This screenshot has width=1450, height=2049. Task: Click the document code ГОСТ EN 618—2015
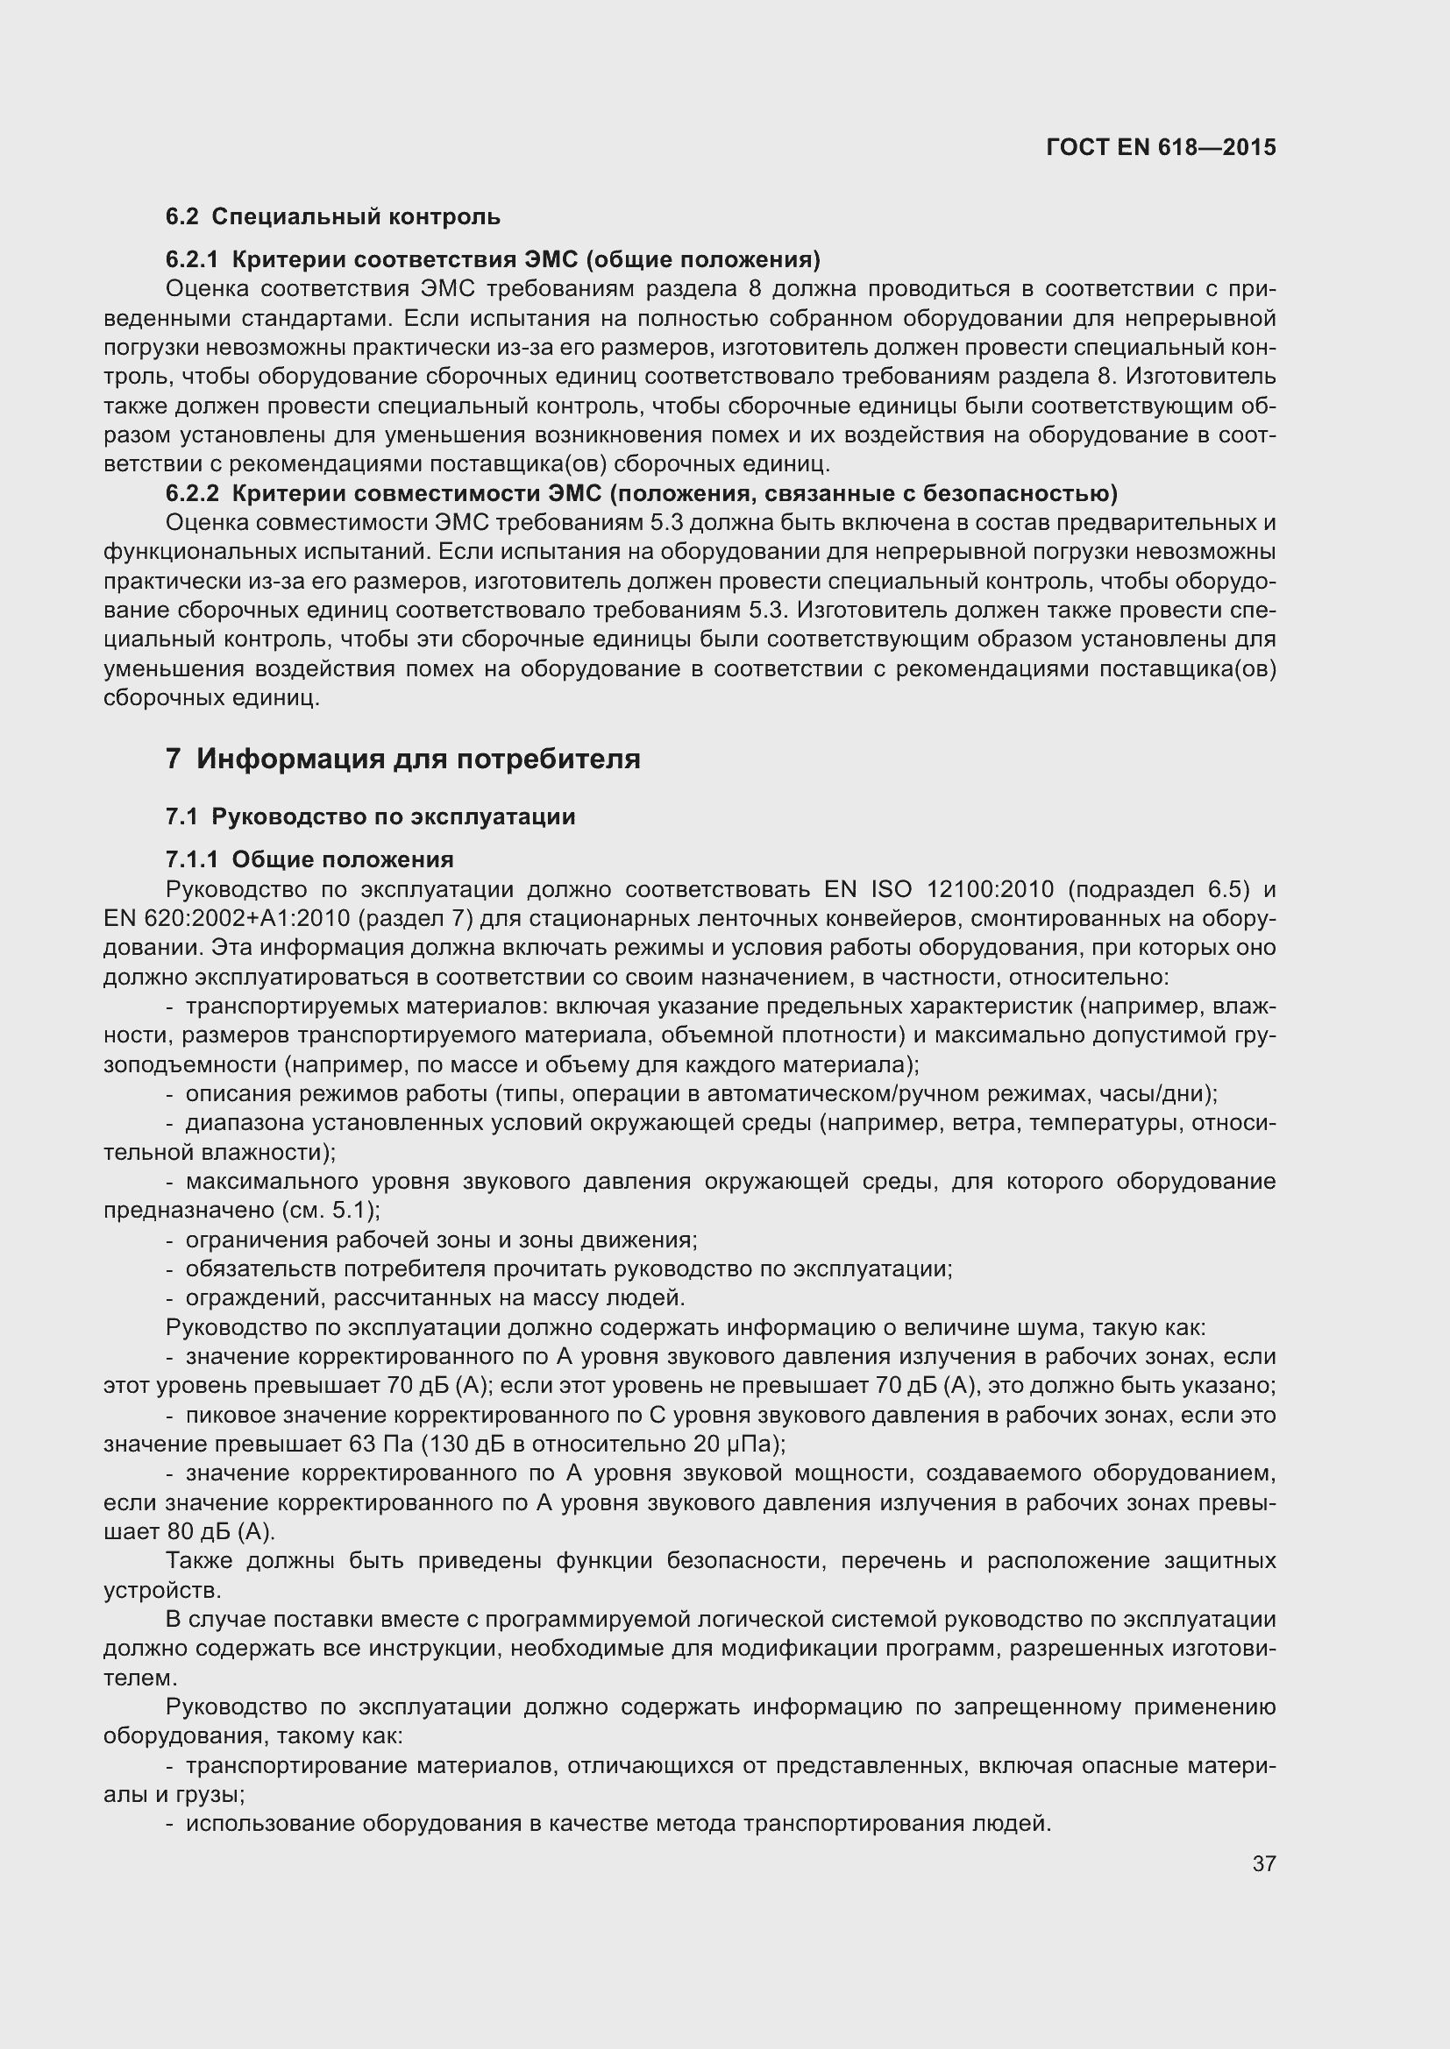tap(1160, 147)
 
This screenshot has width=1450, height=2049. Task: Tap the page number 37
tap(1263, 1863)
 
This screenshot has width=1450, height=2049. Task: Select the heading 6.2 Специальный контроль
tap(332, 216)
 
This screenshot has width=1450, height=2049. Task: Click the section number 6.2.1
tap(191, 259)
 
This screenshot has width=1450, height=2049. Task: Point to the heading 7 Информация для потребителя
tap(402, 760)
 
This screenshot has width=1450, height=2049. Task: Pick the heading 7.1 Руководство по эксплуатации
tap(370, 816)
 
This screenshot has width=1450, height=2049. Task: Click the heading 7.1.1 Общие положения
tap(309, 859)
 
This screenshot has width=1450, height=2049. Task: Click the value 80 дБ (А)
tap(221, 1531)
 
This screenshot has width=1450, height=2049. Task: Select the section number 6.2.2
tap(191, 493)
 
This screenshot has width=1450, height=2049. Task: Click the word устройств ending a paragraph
tap(160, 1590)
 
